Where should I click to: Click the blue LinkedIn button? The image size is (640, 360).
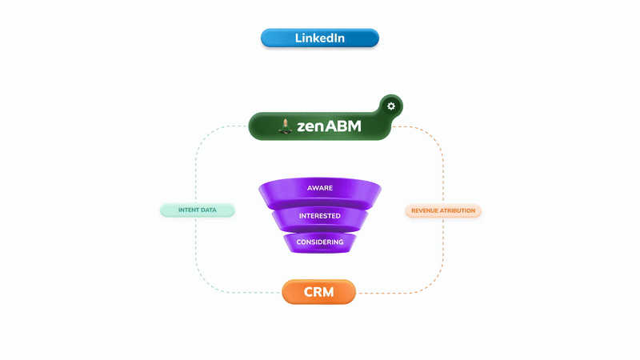pos(319,38)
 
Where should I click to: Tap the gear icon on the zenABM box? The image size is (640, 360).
pos(390,106)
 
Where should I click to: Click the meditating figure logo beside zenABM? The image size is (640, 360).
pos(284,125)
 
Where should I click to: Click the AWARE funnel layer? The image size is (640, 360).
pos(320,189)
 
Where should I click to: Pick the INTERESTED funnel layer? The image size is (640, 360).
pos(320,216)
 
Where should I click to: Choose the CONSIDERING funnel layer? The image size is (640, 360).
pos(320,242)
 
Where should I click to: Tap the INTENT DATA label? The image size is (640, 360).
pos(198,210)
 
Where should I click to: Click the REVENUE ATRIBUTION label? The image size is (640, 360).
pos(443,211)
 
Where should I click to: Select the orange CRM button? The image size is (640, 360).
pos(319,293)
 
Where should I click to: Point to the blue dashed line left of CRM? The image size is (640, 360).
pos(240,293)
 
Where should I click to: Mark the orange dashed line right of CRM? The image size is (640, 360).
pos(400,293)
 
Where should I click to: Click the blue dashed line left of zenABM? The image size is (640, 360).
pos(224,126)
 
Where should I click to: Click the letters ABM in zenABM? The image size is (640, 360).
pos(344,126)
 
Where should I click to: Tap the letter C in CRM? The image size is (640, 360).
pos(310,293)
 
